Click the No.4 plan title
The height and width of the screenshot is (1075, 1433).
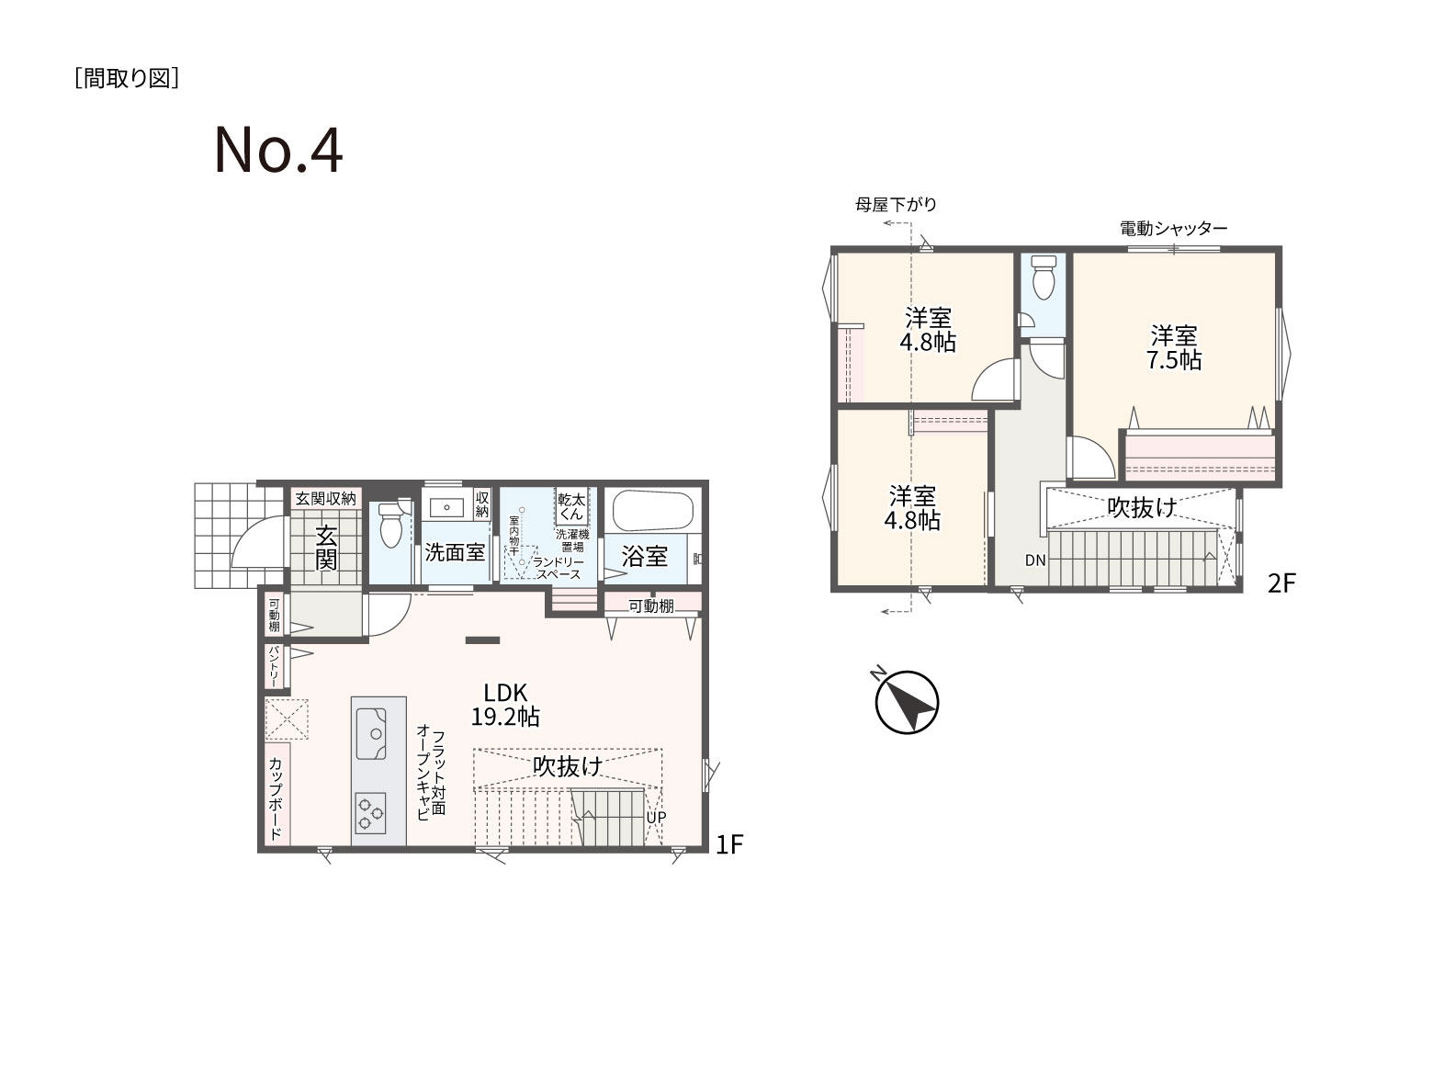pyautogui.click(x=278, y=152)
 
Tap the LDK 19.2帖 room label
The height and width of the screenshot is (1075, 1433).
pyautogui.click(x=505, y=705)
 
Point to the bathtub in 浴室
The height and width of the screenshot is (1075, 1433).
pyautogui.click(x=653, y=511)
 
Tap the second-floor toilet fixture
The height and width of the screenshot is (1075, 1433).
pyautogui.click(x=1044, y=277)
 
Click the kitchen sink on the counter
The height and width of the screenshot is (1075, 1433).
pyautogui.click(x=371, y=733)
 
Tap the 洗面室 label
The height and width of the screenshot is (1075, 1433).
pyautogui.click(x=455, y=553)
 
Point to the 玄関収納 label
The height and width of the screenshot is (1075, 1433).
pyautogui.click(x=326, y=499)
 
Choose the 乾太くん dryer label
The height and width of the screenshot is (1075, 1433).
pyautogui.click(x=571, y=506)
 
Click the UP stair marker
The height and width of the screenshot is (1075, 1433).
pyautogui.click(x=656, y=817)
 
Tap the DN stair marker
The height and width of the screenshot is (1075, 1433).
pyautogui.click(x=1035, y=560)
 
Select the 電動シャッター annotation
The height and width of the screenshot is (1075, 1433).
pyautogui.click(x=1174, y=229)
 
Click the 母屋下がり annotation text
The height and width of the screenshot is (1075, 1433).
pyautogui.click(x=896, y=205)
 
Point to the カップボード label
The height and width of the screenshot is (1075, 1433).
pyautogui.click(x=276, y=798)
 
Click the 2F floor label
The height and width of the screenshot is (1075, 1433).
pyautogui.click(x=1281, y=583)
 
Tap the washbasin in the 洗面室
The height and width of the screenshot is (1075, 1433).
pyautogui.click(x=446, y=506)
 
